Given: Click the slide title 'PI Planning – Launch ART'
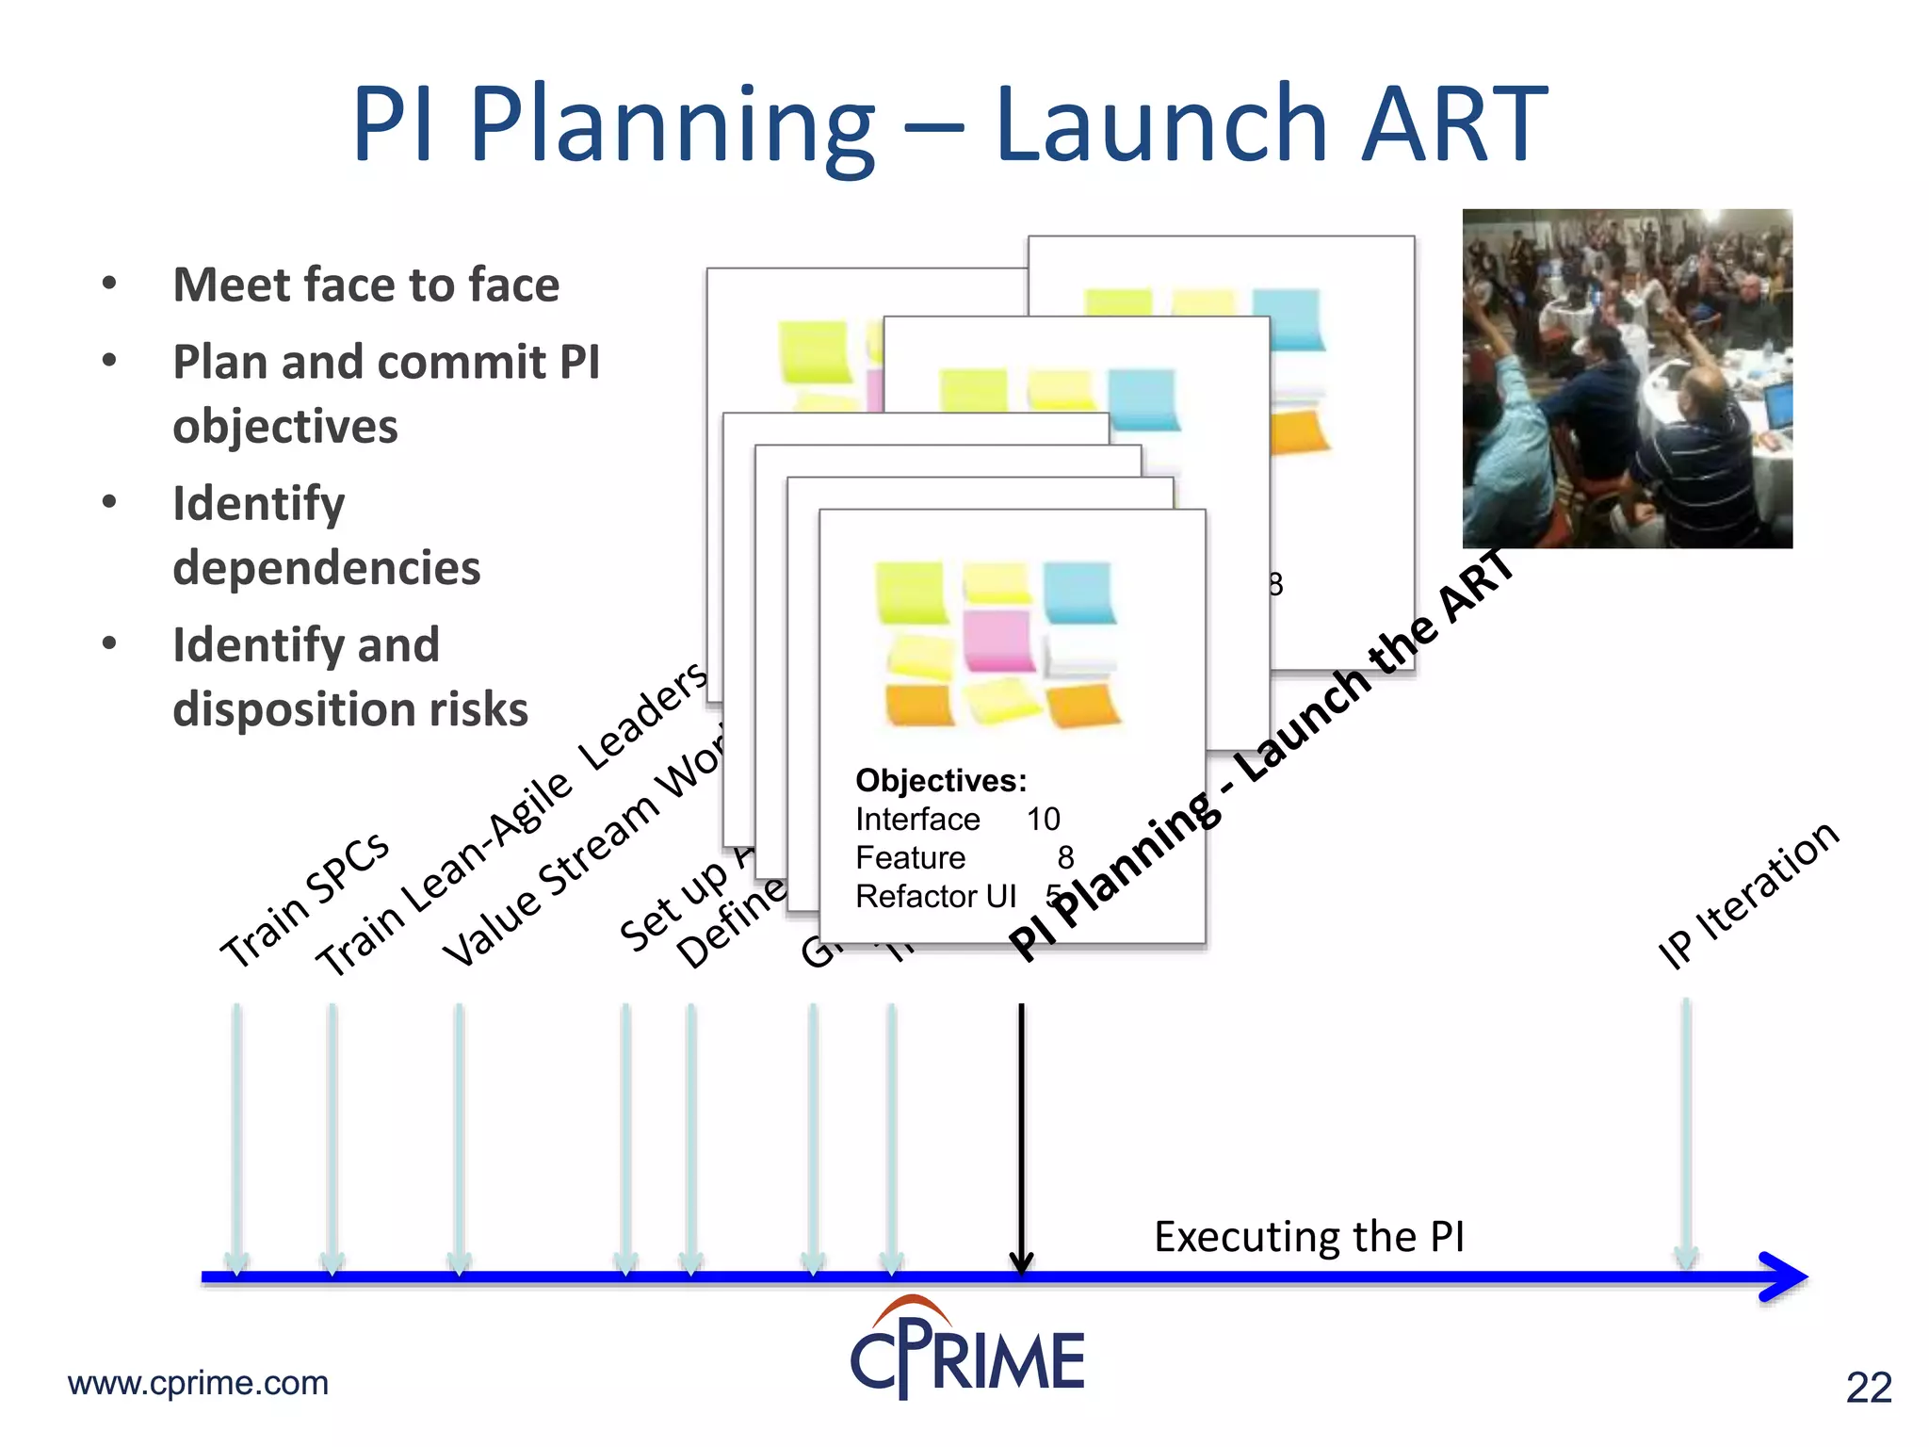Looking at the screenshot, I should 949,124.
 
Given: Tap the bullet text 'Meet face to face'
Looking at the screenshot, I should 365,285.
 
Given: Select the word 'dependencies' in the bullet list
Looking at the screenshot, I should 326,568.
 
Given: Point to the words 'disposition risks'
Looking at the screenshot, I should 350,709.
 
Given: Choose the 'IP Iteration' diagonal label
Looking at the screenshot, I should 1748,895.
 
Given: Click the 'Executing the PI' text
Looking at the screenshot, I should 1309,1236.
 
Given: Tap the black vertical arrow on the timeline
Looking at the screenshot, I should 1021,1130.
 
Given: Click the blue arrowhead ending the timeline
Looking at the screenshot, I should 1782,1276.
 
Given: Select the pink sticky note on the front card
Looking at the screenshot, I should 998,641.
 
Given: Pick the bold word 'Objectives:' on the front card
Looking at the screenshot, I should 941,781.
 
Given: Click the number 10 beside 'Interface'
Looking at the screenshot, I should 1044,820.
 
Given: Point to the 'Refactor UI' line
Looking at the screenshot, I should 935,897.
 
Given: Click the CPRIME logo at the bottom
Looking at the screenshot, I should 967,1352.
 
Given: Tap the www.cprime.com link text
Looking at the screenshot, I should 198,1383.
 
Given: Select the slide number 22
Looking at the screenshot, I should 1869,1388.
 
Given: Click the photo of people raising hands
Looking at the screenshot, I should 1627,379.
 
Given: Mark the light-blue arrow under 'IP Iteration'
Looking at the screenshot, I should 1686,1130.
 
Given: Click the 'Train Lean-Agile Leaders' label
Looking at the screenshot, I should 509,820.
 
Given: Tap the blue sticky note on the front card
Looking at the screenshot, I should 1078,593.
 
